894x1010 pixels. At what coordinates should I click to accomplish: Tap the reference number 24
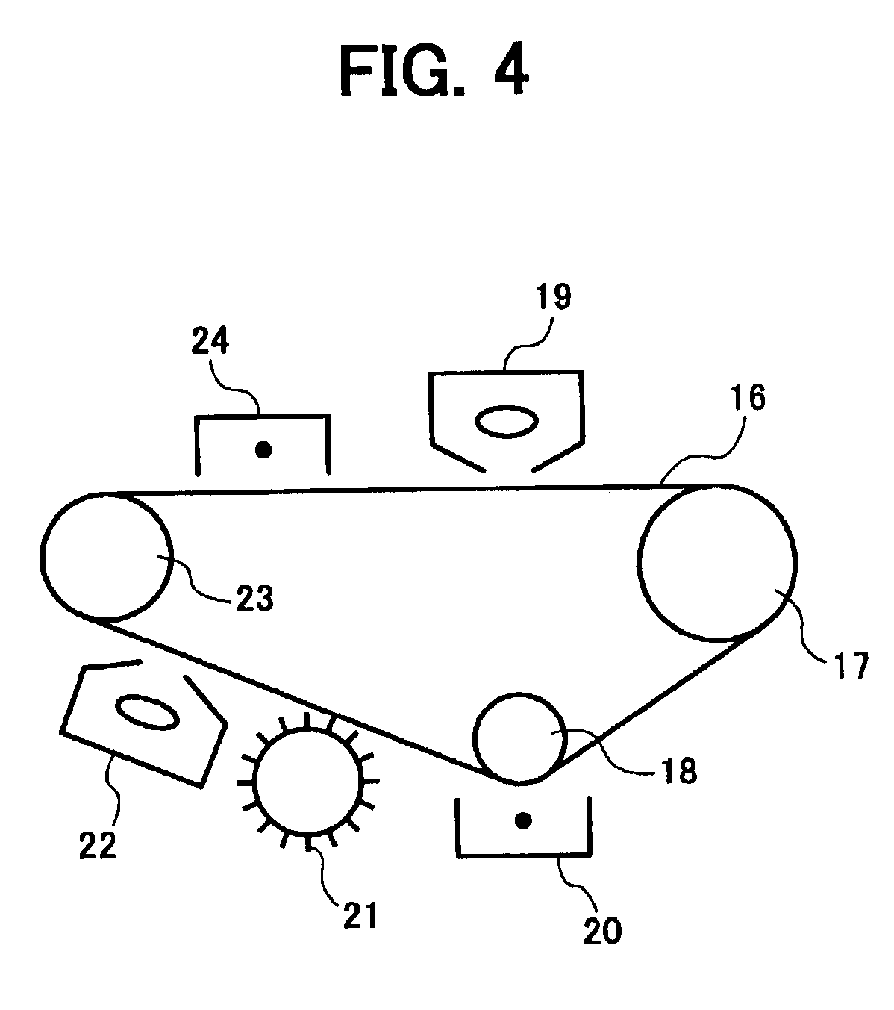(210, 343)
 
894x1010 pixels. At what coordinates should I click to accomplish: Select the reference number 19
(551, 297)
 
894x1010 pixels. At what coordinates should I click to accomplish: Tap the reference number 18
(678, 770)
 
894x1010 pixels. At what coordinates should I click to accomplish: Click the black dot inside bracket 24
(263, 449)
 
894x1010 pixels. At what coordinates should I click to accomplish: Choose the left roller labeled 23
(105, 557)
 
